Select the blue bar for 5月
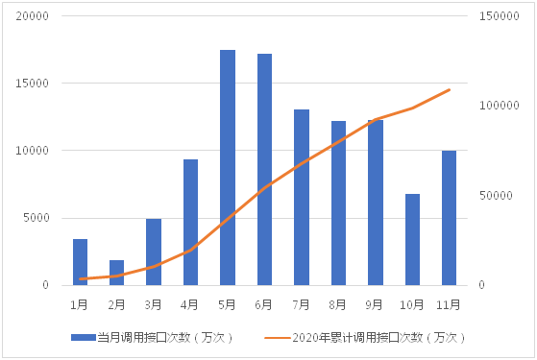[228, 168]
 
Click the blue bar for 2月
[117, 273]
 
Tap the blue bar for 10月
[412, 240]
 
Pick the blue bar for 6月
[264, 170]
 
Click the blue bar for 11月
[449, 218]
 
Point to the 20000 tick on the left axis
[36, 16]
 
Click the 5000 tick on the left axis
[38, 218]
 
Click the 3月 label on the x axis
[154, 304]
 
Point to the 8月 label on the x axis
[338, 304]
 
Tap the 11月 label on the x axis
[449, 304]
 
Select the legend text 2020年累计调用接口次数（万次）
[378, 337]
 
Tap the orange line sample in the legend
[277, 337]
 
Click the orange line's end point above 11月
[450, 90]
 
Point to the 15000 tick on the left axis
[36, 84]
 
